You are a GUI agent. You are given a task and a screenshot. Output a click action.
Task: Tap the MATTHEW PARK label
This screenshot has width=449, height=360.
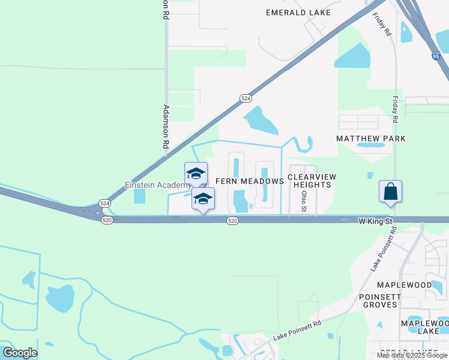[370, 139]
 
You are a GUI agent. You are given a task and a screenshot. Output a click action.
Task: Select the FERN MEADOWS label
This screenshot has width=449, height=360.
[249, 181]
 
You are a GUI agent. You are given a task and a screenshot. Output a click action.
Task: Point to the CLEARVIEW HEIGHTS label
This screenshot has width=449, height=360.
[312, 181]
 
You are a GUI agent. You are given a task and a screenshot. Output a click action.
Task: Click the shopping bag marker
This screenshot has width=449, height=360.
[390, 192]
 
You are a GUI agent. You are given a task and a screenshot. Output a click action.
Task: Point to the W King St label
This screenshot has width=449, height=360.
[375, 221]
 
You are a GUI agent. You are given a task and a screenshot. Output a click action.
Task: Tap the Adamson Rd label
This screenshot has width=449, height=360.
[166, 127]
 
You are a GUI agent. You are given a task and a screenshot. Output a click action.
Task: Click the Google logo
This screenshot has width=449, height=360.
[19, 353]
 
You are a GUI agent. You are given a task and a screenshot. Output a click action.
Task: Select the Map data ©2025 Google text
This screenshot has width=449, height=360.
[411, 355]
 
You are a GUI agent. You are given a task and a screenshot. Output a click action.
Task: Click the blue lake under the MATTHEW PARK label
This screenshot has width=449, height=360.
[370, 145]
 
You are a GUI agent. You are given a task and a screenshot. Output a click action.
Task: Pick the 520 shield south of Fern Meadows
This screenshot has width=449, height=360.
[233, 221]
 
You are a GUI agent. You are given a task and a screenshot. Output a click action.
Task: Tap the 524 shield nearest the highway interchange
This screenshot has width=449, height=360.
[104, 203]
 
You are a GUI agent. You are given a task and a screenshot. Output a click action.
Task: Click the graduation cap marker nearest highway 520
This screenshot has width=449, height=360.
[203, 199]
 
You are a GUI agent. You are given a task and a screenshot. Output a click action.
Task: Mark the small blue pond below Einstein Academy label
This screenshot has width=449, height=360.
[140, 196]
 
